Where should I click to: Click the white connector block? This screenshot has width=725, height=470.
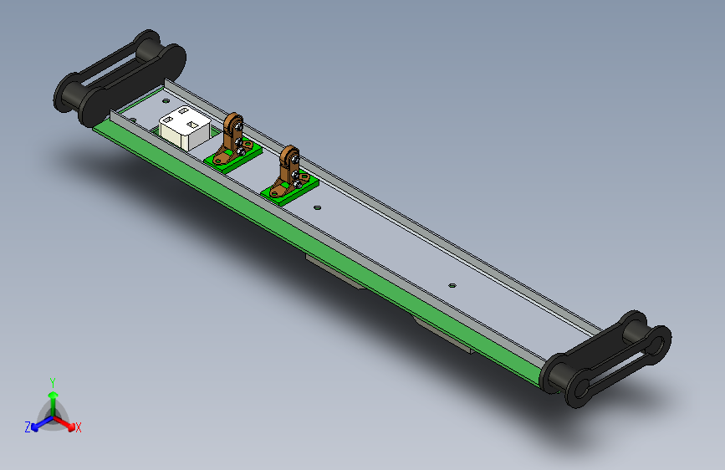[x=185, y=128]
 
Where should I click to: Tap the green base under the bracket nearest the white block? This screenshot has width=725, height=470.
[x=233, y=156]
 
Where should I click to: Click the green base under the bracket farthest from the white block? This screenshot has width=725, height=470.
[x=290, y=189]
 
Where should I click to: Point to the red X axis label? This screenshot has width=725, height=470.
[x=78, y=427]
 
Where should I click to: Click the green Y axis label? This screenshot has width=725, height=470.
[x=53, y=383]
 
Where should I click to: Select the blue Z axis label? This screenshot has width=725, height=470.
[x=28, y=427]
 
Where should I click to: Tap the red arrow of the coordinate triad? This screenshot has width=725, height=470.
[x=64, y=422]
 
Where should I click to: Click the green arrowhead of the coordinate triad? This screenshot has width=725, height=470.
[x=54, y=396]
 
